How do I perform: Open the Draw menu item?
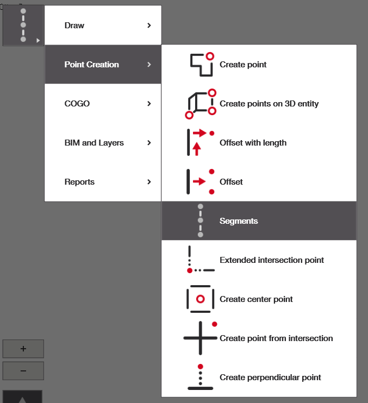click(74, 26)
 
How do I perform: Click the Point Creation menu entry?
click(91, 65)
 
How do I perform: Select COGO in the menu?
click(77, 104)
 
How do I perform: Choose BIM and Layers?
click(94, 143)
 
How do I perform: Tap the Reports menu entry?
click(79, 182)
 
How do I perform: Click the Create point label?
click(243, 65)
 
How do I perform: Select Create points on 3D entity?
click(269, 104)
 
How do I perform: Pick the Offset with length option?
click(253, 143)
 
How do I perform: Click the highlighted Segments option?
click(239, 221)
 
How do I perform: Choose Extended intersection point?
click(272, 260)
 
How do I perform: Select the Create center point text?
click(256, 299)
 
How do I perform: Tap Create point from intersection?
click(276, 338)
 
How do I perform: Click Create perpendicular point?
click(270, 377)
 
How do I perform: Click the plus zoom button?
click(23, 349)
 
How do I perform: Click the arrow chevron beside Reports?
click(149, 182)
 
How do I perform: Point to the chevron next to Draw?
click(149, 26)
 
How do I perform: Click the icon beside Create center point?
click(200, 299)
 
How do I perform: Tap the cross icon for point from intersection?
click(201, 337)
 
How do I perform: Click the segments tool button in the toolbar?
click(23, 26)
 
